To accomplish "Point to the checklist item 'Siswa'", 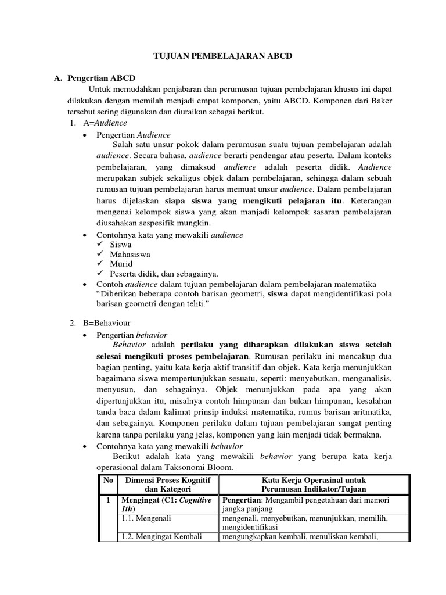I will [121, 245].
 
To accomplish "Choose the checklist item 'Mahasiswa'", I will [130, 254].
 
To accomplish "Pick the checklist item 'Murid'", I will [121, 264].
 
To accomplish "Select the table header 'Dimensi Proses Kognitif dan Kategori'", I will [167, 485].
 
